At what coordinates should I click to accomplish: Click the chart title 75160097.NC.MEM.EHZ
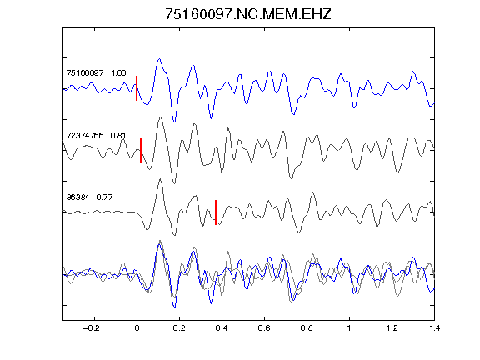(x=248, y=14)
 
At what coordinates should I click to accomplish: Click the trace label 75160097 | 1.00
(x=96, y=73)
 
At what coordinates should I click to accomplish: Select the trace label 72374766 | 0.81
(x=96, y=135)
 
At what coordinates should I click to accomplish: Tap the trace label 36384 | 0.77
(x=90, y=197)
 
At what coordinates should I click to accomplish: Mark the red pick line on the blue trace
(x=137, y=88)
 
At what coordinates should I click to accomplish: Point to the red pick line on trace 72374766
(x=141, y=151)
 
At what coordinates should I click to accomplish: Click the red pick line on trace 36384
(x=216, y=212)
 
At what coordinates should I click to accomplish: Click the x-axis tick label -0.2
(x=91, y=328)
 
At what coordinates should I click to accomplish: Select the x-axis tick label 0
(x=137, y=328)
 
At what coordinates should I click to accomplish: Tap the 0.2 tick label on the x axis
(x=179, y=328)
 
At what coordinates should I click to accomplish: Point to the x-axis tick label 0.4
(x=222, y=328)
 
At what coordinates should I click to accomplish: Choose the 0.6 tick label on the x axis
(x=264, y=328)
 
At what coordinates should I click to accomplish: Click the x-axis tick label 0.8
(x=307, y=328)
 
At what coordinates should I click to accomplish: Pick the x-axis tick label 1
(x=349, y=328)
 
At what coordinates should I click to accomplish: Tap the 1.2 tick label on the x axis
(x=392, y=328)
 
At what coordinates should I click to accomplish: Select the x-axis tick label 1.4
(x=434, y=328)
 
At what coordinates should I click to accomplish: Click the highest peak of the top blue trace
(x=159, y=59)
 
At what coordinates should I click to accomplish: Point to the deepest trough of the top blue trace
(x=174, y=122)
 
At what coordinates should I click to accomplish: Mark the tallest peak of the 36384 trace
(x=160, y=179)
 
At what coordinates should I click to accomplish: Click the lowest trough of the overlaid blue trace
(x=175, y=307)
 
